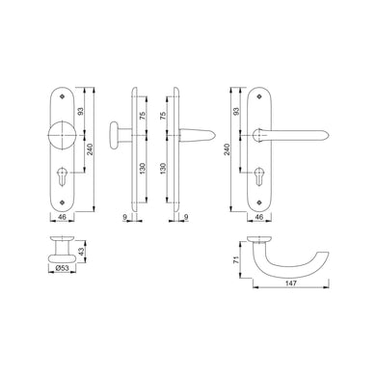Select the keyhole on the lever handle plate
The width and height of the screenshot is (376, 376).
tap(261, 179)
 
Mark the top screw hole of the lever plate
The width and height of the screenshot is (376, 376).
tap(261, 96)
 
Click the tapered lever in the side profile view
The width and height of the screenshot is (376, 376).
tap(197, 130)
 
